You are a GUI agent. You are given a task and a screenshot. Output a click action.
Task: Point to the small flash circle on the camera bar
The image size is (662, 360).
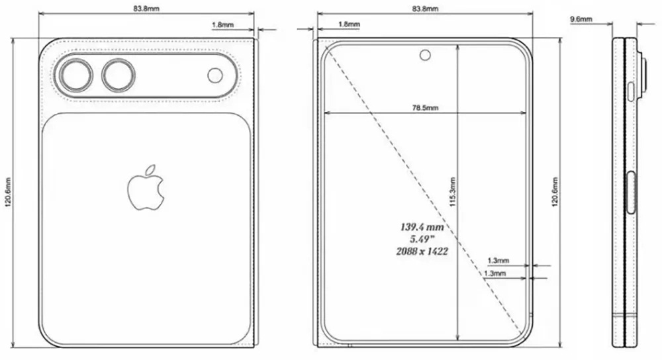point(215,75)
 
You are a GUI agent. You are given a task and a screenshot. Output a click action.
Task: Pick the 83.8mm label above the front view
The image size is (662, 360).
point(425,9)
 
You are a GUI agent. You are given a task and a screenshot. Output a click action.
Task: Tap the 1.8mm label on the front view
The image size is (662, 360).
point(349,24)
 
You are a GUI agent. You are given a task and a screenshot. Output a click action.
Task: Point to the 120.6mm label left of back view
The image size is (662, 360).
point(8,191)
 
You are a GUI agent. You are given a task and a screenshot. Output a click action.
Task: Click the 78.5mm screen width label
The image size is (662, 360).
point(424,107)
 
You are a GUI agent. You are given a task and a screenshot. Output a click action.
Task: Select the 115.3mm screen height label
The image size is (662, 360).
point(452,193)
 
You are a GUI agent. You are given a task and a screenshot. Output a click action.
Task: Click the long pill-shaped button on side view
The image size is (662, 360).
point(630,193)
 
